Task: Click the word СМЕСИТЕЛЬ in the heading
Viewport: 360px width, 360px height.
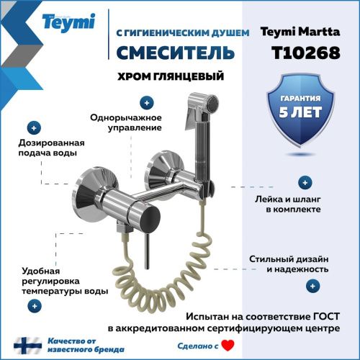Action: pos(174,53)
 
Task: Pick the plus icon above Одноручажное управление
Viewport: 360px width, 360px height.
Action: pos(147,102)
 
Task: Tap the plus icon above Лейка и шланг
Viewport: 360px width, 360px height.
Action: pos(306,183)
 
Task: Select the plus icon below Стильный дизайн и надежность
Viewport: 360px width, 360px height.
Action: pos(312,286)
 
